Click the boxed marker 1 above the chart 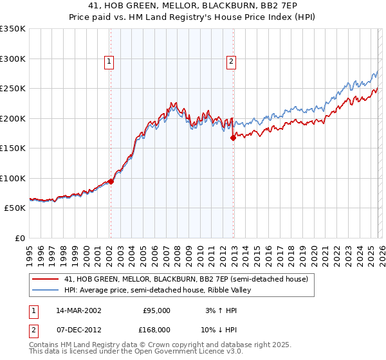(110, 62)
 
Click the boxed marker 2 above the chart (231, 62)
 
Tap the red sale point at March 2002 (111, 181)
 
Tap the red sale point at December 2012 (233, 138)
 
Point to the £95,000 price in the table (157, 310)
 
